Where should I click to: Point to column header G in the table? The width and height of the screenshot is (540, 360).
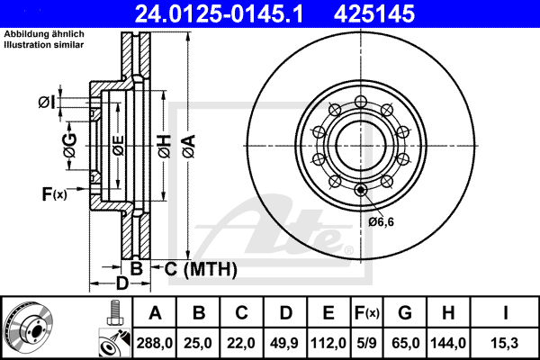405,314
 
